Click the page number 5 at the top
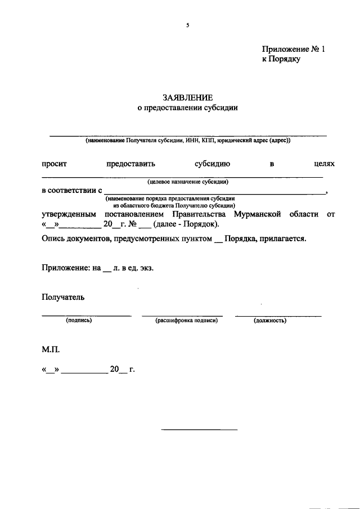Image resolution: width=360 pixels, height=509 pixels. pos(188,25)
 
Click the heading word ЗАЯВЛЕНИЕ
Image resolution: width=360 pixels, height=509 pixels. pos(187,98)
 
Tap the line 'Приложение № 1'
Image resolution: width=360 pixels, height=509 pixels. pos(294,49)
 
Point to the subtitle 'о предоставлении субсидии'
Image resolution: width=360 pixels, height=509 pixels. pos(188,108)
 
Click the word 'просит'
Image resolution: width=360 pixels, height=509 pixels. pos(55,164)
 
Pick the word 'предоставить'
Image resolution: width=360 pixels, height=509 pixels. pos(130,164)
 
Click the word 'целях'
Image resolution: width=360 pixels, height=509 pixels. pos(324,164)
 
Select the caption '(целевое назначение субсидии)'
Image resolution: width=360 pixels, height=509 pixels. pos(188,182)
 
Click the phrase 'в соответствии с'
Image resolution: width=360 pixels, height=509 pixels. pos(71,191)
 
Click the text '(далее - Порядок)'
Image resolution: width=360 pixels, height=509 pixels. pos(186,225)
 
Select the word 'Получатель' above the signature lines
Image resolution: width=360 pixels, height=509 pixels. pos(63,298)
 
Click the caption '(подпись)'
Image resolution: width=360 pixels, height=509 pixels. pos(79,321)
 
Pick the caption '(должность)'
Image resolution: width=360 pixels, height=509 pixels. pos(270,321)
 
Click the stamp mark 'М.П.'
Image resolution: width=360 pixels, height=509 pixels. pos(51,349)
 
